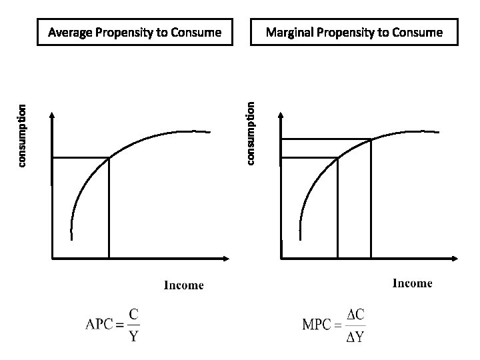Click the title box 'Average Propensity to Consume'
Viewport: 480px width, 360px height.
tap(135, 32)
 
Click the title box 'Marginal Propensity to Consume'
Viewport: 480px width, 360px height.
tap(354, 32)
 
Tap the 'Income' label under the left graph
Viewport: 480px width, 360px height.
tap(184, 285)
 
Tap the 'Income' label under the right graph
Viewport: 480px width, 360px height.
tap(412, 283)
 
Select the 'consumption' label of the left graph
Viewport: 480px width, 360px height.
tap(22, 136)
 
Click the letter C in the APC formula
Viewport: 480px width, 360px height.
tap(133, 312)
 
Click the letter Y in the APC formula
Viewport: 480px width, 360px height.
tap(133, 335)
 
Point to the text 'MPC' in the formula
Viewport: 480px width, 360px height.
tap(319, 325)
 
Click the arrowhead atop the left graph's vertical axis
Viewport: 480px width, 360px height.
tap(52, 115)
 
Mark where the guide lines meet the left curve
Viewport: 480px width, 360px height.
tap(109, 157)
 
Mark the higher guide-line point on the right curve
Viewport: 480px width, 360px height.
tap(371, 139)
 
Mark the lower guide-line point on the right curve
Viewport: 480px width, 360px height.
tap(338, 157)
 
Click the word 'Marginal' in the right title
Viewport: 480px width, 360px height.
tap(288, 32)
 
